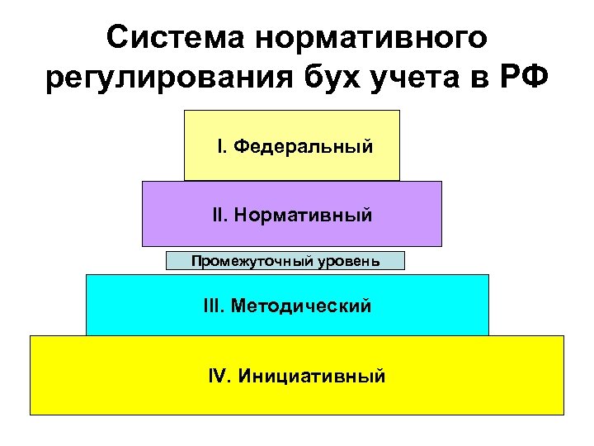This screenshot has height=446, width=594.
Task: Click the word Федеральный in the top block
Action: point(303,147)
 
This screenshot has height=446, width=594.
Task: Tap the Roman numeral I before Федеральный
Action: point(220,147)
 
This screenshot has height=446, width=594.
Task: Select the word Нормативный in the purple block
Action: point(303,216)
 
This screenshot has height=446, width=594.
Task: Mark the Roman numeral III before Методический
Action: point(214,306)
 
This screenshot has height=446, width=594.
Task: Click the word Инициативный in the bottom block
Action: point(311,377)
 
